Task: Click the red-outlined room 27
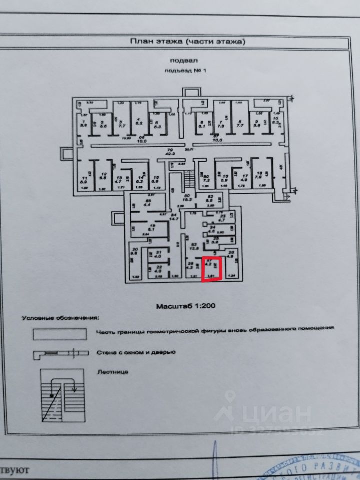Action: pyautogui.click(x=211, y=269)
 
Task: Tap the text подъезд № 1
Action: pyautogui.click(x=185, y=70)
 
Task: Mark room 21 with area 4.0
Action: pyautogui.click(x=159, y=255)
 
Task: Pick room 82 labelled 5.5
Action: pyautogui.click(x=210, y=198)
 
